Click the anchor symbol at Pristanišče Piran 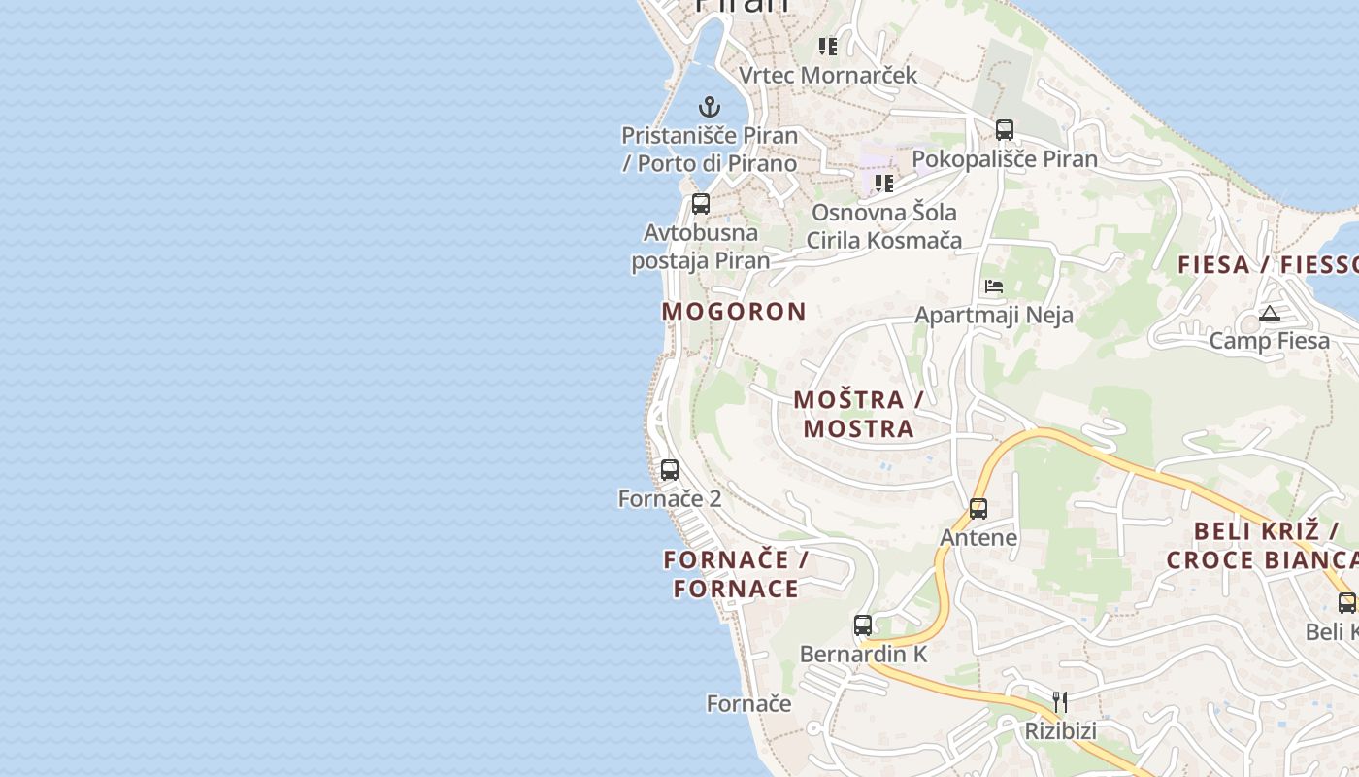tap(710, 106)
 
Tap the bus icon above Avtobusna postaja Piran tap(701, 204)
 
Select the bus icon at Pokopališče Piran tap(1005, 129)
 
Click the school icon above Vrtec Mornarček tap(827, 46)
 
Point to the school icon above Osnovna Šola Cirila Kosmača tap(883, 183)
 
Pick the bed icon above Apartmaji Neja tap(994, 287)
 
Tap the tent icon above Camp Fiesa tap(1269, 313)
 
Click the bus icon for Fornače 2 tap(670, 470)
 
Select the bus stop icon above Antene tap(978, 509)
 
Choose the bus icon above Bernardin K tap(863, 625)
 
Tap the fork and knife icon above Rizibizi tap(1060, 701)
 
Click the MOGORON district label tap(734, 312)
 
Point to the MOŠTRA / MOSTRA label tap(858, 414)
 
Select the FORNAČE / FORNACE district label tap(736, 574)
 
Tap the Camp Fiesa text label tap(1269, 341)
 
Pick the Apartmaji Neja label tap(994, 316)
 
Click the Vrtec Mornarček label tap(828, 75)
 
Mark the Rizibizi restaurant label tap(1060, 730)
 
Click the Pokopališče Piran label tap(1005, 158)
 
